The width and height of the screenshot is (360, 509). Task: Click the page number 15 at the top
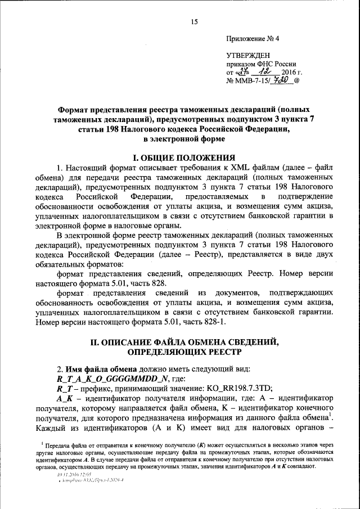(x=195, y=21)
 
